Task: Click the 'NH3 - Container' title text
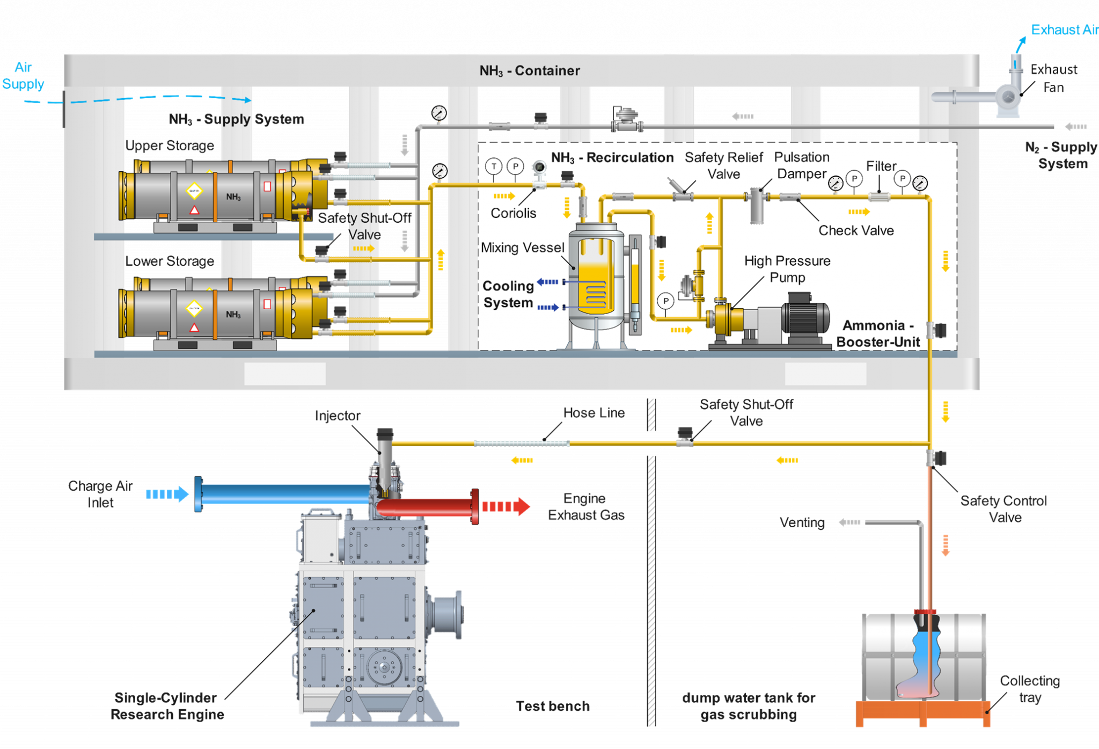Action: pos(529,71)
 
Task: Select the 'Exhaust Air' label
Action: pos(1064,30)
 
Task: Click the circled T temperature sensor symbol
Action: pos(494,166)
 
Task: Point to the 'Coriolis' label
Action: pos(513,213)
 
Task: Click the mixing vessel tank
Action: pos(596,279)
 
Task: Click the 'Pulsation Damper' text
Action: pos(802,165)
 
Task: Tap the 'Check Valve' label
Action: pos(856,230)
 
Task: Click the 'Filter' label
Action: pos(881,166)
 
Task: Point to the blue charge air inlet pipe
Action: pos(284,494)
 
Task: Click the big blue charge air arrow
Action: pos(167,494)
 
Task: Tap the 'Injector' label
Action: pos(338,416)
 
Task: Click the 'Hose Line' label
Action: pos(594,413)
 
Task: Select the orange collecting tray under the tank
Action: pos(922,711)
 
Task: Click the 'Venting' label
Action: pos(802,522)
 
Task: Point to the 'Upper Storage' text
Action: pos(170,146)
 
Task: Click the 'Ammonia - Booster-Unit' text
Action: pos(878,333)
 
